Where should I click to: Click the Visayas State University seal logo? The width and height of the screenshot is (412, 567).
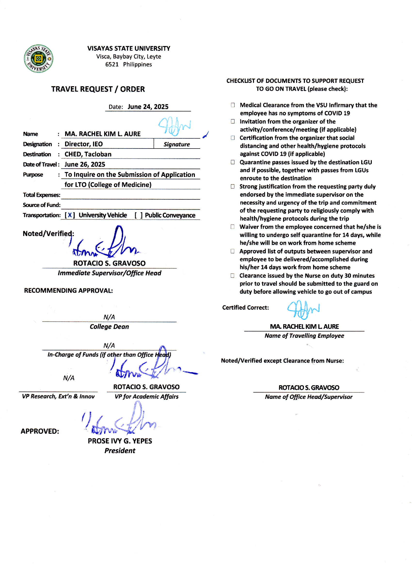pos(39,59)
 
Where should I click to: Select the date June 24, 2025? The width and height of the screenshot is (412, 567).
pos(148,107)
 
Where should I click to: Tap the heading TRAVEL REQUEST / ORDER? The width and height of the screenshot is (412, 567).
pos(98,89)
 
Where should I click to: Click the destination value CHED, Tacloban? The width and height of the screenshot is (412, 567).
pos(88,154)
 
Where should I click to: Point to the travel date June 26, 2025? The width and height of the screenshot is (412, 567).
pos(85,165)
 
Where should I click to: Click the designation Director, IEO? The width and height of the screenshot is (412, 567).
pos(84,144)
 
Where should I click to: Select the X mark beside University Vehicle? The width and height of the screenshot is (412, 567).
pos(70,215)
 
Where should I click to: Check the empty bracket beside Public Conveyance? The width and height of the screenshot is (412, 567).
pos(138,215)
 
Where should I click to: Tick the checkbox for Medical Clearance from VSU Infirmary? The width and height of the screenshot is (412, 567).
pos(233,105)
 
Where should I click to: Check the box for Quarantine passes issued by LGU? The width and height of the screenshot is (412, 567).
pos(233,162)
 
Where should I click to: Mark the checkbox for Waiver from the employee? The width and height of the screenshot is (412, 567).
pos(232,227)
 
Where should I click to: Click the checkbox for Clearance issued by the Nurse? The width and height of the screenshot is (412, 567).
pos(232,276)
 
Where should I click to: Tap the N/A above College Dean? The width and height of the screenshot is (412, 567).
pos(109,317)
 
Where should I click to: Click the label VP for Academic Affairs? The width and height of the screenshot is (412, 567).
pos(146,397)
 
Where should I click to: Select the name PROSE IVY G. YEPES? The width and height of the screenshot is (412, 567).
pos(120,441)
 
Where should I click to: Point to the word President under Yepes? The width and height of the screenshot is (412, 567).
pos(120,451)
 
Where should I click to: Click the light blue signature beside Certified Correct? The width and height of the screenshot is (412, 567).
pos(303,309)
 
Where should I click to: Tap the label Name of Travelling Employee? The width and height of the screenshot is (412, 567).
pos(304,336)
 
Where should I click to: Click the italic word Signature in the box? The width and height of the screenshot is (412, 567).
pos(177,144)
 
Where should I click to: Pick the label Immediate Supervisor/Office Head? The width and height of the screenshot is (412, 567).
pos(110,273)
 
